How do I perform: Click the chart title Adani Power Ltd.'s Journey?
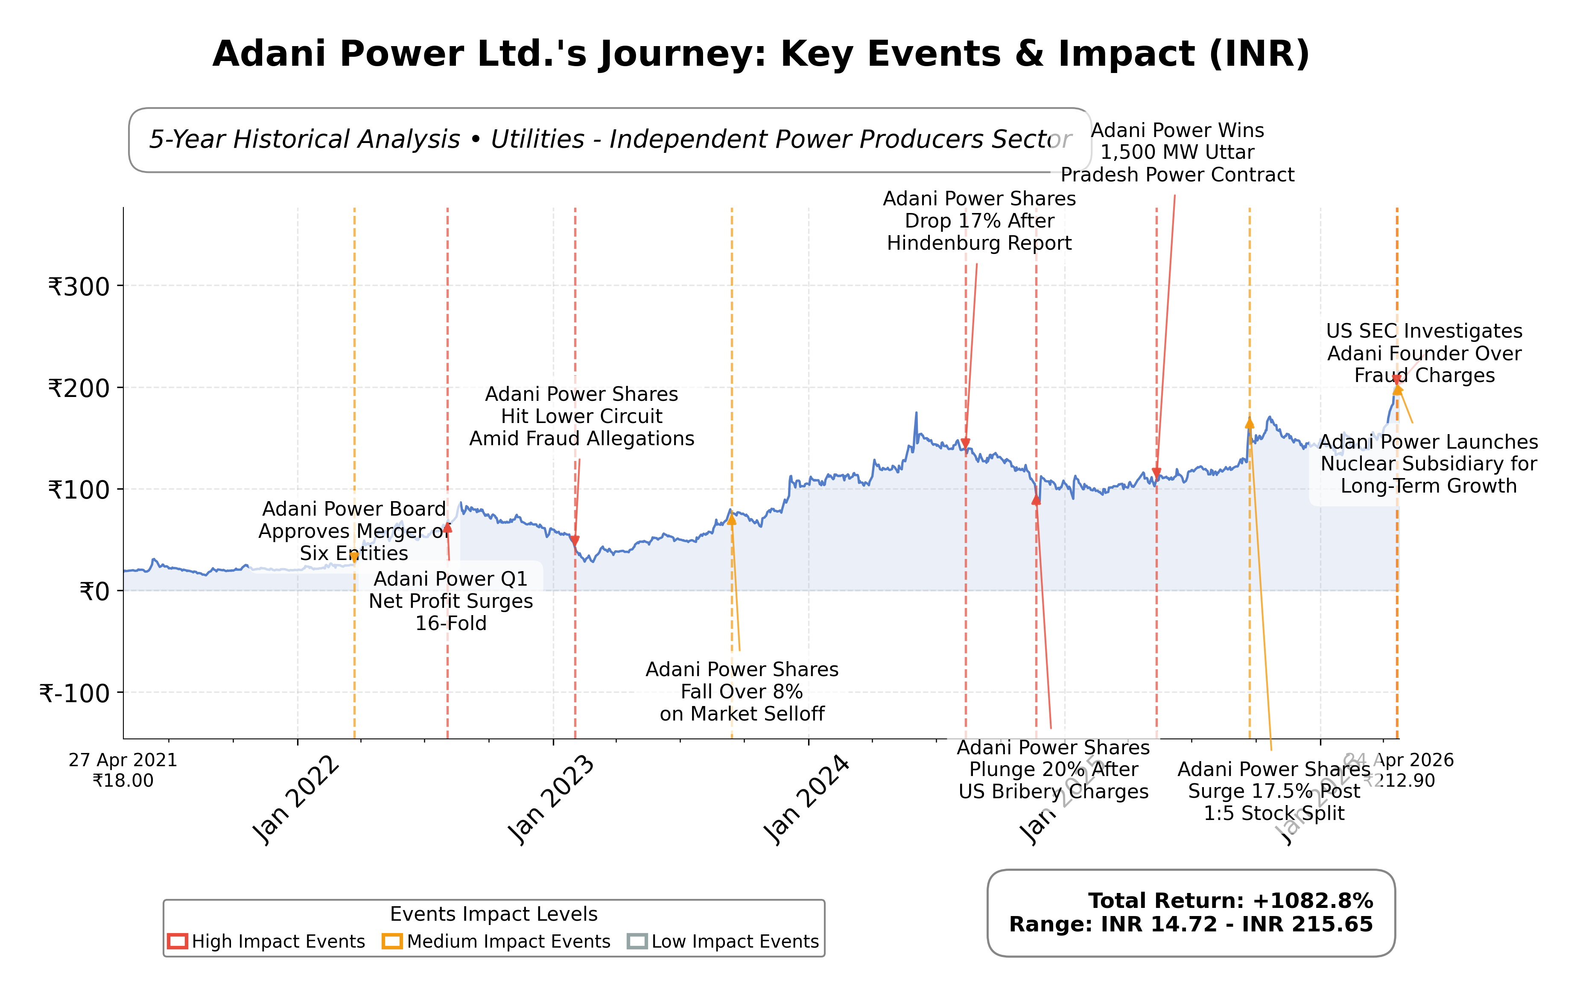point(761,54)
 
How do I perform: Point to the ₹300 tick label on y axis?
point(79,287)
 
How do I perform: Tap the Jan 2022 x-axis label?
point(295,800)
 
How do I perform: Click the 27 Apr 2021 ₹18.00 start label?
point(123,770)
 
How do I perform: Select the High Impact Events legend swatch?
point(178,941)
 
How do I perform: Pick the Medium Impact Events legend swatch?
point(392,941)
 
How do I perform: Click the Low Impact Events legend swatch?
point(637,941)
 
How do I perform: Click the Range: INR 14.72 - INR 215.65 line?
point(1191,924)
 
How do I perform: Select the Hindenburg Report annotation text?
point(979,221)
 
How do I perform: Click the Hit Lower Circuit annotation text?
point(581,416)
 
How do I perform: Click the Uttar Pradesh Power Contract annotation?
point(1177,152)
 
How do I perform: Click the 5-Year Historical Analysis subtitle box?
point(610,140)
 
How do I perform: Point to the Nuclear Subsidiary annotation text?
point(1428,464)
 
